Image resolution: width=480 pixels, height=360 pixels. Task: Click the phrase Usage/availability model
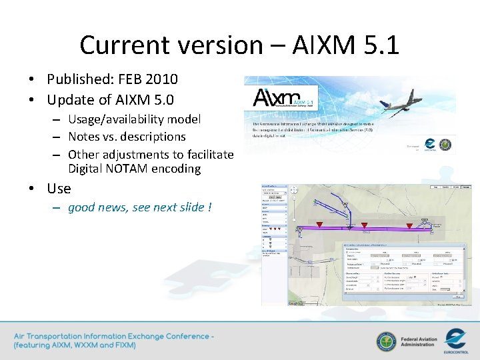tap(134, 119)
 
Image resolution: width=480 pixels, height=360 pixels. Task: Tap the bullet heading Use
tap(59, 189)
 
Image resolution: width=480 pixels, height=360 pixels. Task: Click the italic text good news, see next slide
tap(139, 207)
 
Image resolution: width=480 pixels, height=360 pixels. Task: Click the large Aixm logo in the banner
tap(279, 99)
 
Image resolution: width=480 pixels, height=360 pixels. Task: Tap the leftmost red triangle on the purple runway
tap(319, 225)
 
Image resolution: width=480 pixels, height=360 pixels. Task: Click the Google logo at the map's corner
tap(294, 303)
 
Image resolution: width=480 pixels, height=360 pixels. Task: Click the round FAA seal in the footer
tap(385, 341)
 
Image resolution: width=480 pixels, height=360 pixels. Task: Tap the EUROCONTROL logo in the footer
tap(459, 339)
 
